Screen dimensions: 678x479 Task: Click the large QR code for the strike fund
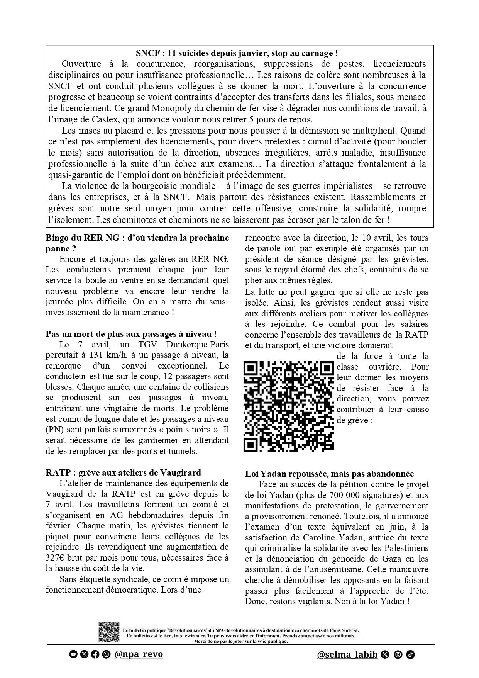289,406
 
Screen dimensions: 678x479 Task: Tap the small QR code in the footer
109,632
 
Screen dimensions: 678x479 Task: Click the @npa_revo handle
139,654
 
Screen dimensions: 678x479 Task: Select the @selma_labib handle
347,654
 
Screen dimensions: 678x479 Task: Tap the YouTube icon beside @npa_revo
72,654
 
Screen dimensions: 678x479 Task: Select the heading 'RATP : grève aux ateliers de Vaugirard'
123,472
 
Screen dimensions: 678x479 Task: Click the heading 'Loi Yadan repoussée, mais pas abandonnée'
330,474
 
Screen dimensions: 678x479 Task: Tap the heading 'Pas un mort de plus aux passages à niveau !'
131,334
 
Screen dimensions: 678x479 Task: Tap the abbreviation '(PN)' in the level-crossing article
54,429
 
